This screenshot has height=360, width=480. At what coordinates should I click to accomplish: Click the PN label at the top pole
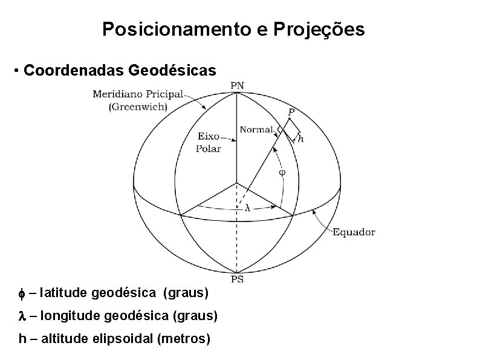tap(238, 85)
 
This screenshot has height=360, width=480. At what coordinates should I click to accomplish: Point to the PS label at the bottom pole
tap(238, 279)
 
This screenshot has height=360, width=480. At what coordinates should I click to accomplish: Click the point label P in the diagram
tap(291, 112)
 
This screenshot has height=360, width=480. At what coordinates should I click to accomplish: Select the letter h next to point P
tap(301, 139)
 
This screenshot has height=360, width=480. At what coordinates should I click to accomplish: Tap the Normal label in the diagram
tap(256, 128)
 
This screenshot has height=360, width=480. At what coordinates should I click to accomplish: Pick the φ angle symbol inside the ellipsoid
tap(282, 172)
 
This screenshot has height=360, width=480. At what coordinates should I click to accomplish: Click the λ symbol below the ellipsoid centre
tap(248, 208)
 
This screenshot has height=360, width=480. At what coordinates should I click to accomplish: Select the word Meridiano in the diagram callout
tap(117, 94)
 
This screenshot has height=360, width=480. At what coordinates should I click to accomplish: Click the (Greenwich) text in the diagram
tap(138, 106)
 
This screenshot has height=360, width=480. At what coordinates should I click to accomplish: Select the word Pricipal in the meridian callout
tap(163, 94)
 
